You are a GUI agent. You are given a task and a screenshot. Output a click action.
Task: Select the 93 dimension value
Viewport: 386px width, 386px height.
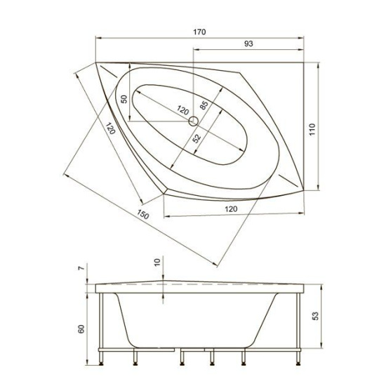(x=248, y=44)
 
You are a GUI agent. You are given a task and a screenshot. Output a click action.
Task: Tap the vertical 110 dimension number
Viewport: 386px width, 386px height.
(x=312, y=129)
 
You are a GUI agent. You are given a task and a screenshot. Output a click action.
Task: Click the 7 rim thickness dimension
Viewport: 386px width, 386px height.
(x=81, y=269)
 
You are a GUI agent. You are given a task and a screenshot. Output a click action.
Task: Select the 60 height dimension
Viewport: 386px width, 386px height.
(x=81, y=328)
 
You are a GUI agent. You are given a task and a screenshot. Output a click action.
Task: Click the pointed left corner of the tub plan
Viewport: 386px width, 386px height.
(x=96, y=64)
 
